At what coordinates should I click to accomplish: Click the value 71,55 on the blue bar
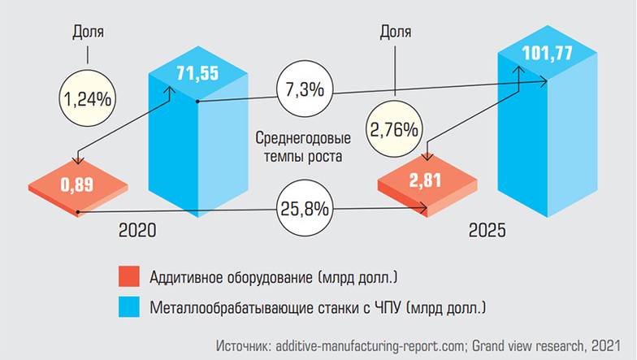(x=196, y=73)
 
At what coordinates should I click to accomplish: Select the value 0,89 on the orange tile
(x=76, y=184)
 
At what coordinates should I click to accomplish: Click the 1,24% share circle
(x=88, y=99)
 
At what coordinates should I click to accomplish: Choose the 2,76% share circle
(x=394, y=129)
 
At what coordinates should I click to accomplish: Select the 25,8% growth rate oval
(x=304, y=209)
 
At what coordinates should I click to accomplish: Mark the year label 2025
(x=487, y=232)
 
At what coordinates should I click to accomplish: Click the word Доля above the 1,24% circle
(x=88, y=33)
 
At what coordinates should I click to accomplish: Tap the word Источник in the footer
(x=244, y=345)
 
